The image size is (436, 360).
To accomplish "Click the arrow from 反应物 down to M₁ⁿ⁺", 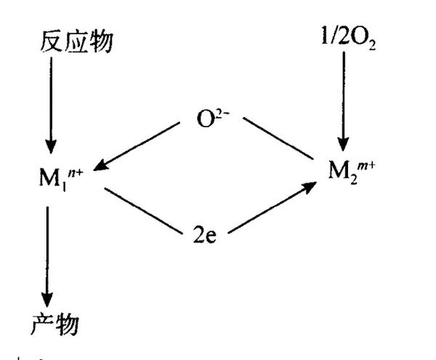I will point(49,102).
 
